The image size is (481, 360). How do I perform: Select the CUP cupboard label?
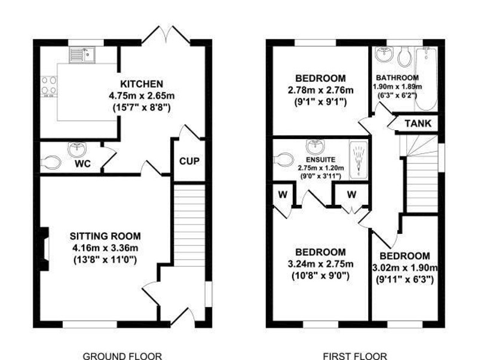click(189, 161)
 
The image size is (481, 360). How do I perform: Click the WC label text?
click(82, 165)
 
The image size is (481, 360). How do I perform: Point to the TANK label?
click(418, 124)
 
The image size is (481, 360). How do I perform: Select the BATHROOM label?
click(397, 78)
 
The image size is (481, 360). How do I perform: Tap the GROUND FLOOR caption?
click(122, 356)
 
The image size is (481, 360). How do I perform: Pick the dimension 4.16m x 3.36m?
click(105, 248)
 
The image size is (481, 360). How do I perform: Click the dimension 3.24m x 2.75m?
click(320, 264)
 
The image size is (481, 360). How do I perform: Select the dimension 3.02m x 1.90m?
click(405, 267)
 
